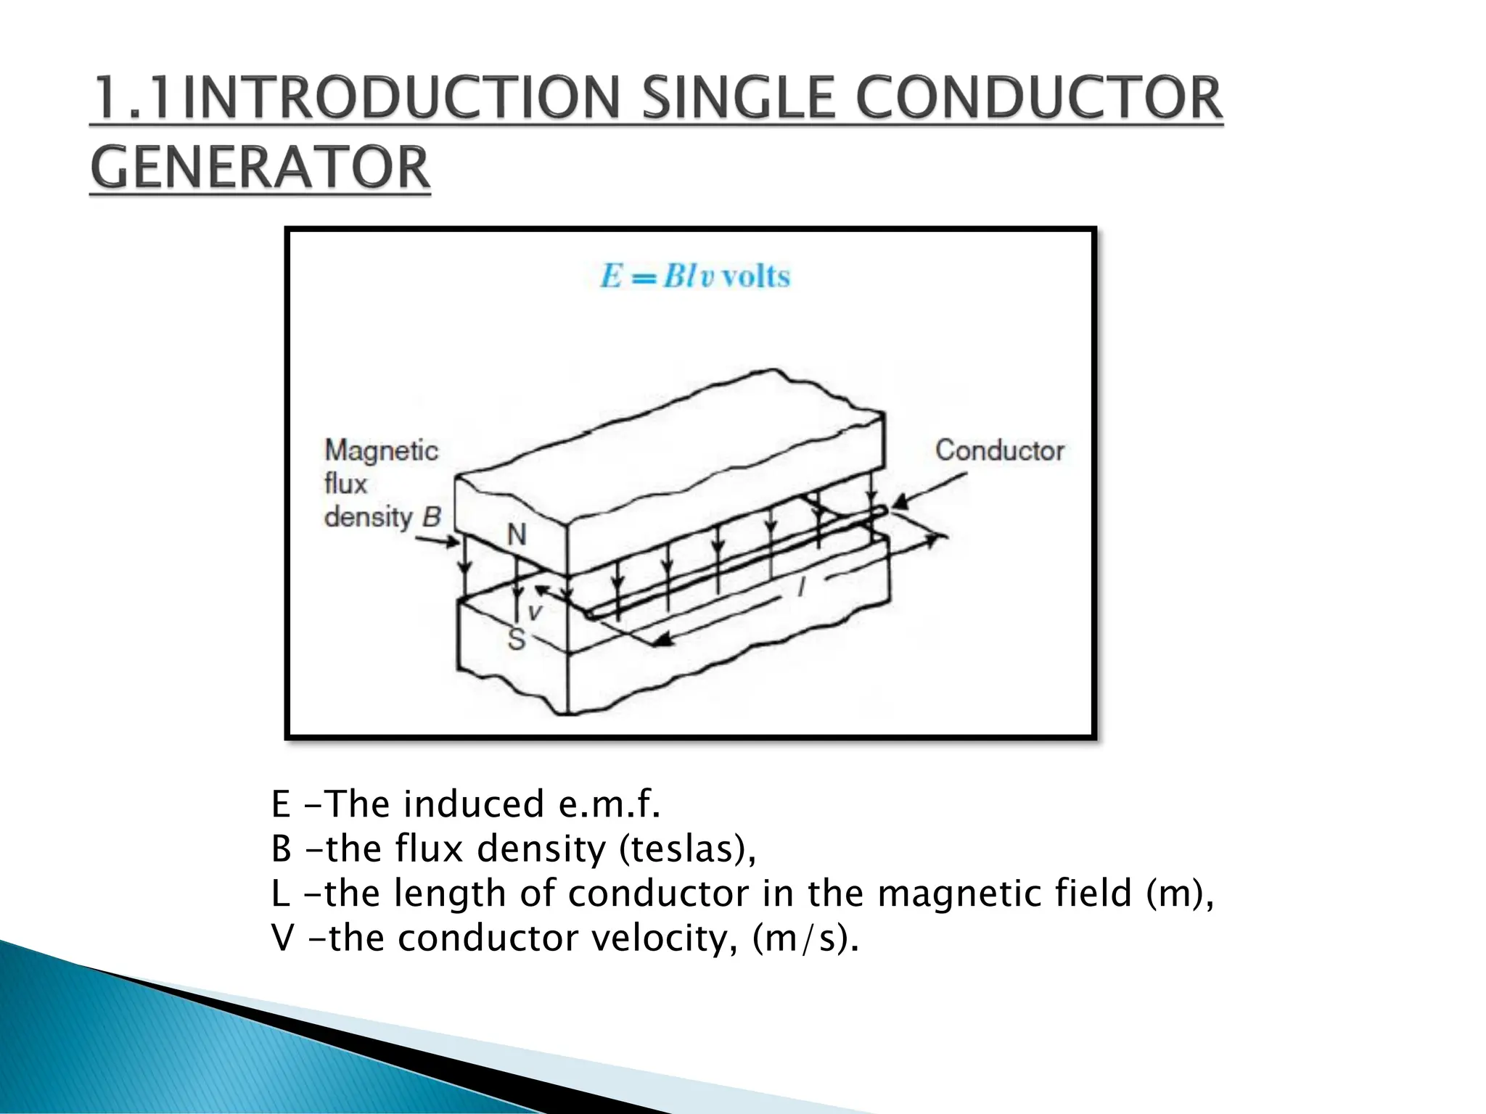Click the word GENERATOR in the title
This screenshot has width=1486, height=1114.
pyautogui.click(x=260, y=168)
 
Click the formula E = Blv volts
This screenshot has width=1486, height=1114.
pyautogui.click(x=694, y=276)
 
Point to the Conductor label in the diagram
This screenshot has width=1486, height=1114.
pyautogui.click(x=999, y=450)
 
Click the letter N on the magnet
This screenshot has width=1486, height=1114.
pyautogui.click(x=517, y=535)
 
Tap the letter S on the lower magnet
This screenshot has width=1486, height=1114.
pyautogui.click(x=516, y=639)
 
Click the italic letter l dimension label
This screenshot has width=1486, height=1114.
pyautogui.click(x=802, y=586)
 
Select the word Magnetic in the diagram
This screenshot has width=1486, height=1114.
pyautogui.click(x=381, y=451)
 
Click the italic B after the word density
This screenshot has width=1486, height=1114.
pyautogui.click(x=431, y=517)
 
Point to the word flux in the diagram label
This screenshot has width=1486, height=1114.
pyautogui.click(x=345, y=483)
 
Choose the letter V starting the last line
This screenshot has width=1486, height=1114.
pyautogui.click(x=282, y=938)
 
